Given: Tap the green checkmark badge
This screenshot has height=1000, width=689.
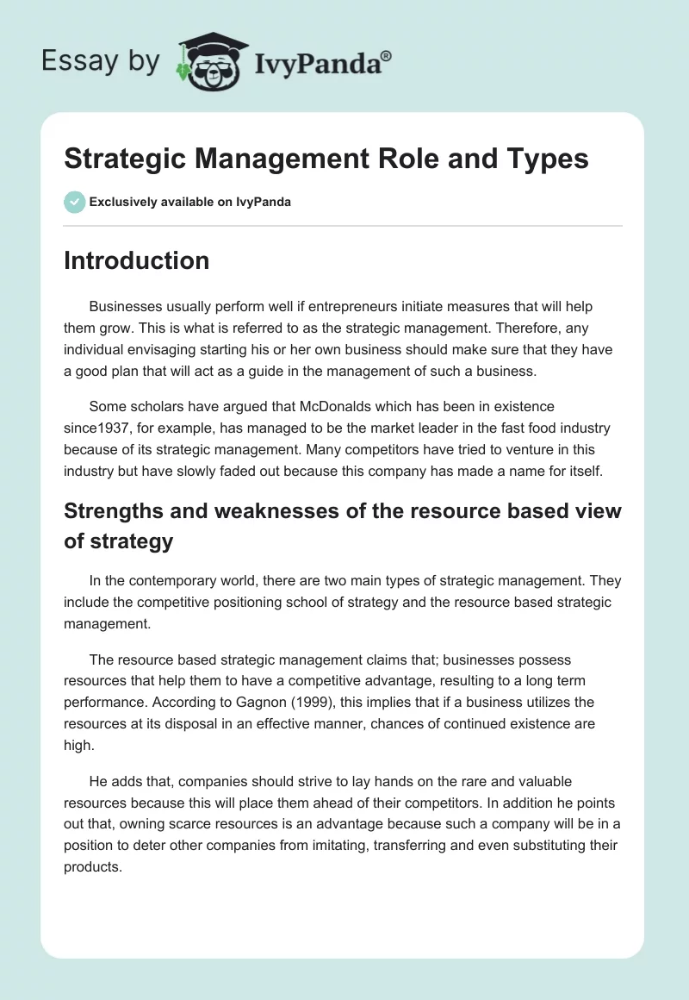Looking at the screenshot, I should point(75,202).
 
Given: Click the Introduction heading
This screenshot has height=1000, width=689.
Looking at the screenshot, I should point(136,260).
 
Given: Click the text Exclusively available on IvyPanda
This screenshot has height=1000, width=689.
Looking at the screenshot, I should point(189,203).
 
